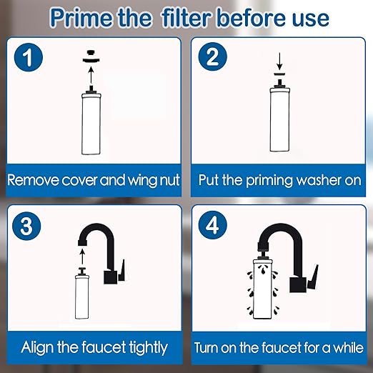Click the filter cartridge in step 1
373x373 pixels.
[x=91, y=125]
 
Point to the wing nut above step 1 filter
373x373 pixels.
[x=91, y=53]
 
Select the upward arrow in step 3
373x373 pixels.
[x=81, y=253]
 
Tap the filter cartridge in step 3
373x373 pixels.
[x=81, y=297]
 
